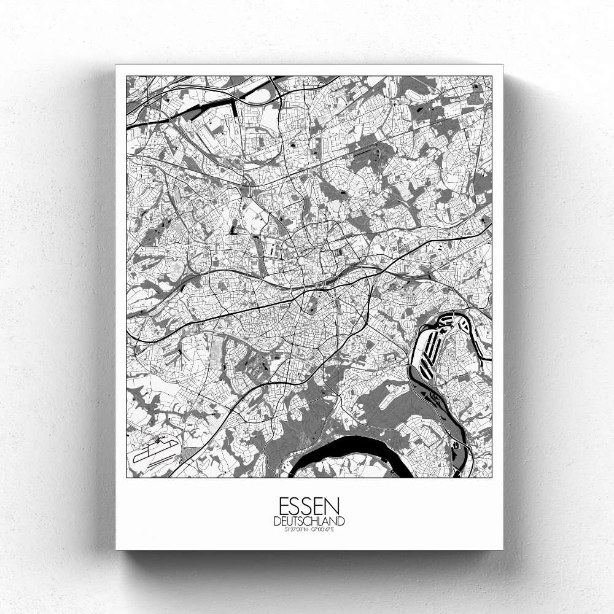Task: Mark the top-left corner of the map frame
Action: click(x=126, y=76)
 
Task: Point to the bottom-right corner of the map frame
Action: click(x=492, y=478)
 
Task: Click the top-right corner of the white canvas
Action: click(x=503, y=64)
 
